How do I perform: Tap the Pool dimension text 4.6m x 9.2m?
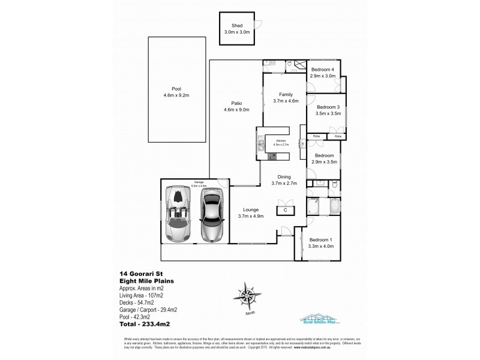176,95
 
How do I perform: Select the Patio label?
236,102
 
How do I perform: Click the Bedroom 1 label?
322,238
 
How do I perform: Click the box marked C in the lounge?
286,210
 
